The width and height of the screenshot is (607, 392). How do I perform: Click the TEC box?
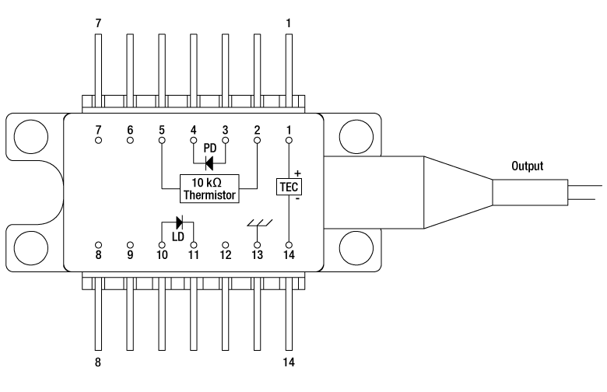(x=289, y=187)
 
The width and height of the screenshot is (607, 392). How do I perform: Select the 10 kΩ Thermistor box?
(x=209, y=188)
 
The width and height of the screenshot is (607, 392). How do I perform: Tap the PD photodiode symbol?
(x=209, y=163)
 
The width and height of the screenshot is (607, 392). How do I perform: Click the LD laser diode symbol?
(x=179, y=222)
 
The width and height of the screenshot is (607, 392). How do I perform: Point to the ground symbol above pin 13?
(x=260, y=223)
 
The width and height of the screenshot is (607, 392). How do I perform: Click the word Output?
(x=528, y=166)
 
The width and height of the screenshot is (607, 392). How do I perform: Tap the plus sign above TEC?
(x=297, y=173)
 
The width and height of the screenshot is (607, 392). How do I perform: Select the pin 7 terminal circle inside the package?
(x=98, y=140)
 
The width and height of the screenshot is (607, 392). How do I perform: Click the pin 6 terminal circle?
(x=130, y=140)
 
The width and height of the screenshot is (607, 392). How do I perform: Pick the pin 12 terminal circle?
(x=226, y=245)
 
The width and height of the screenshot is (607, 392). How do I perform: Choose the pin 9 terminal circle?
(x=130, y=245)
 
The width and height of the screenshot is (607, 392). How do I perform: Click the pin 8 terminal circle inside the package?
(x=98, y=245)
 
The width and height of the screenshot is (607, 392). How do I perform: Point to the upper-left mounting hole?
(x=31, y=137)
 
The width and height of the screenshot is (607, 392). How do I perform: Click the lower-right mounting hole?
(x=356, y=248)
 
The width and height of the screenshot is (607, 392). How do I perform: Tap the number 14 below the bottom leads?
(x=289, y=362)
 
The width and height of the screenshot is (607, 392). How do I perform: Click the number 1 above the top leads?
(x=288, y=23)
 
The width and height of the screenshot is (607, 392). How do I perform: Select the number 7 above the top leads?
(x=98, y=23)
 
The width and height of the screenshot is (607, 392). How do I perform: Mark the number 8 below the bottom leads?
(x=98, y=362)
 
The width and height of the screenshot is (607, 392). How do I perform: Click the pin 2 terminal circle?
(x=257, y=140)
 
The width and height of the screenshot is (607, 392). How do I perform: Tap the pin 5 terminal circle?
(x=162, y=140)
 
